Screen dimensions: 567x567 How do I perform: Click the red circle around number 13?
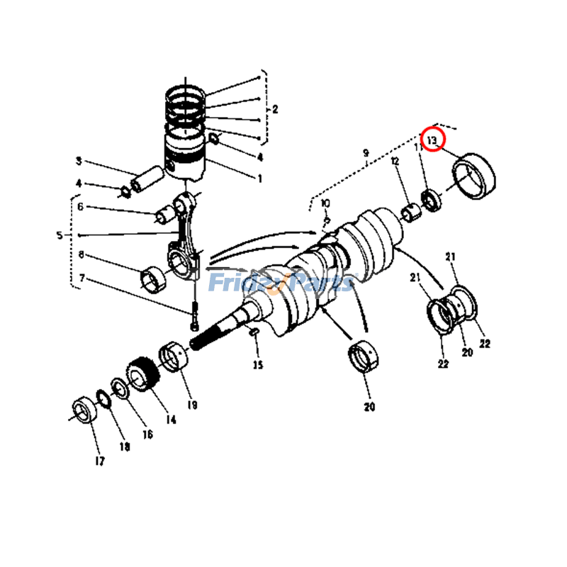432,139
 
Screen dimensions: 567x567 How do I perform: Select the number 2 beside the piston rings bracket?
274,109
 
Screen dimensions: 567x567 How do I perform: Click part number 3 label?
79,161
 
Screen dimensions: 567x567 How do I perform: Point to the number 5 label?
60,235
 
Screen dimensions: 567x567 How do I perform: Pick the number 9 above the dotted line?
366,153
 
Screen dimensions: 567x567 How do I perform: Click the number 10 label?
325,204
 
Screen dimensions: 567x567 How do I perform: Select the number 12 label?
395,162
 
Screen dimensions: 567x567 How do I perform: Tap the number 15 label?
258,365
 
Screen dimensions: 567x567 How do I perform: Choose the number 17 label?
99,461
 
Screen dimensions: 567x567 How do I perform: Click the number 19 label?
192,405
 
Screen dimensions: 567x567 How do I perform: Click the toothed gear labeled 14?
140,374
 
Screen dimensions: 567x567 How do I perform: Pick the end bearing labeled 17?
84,410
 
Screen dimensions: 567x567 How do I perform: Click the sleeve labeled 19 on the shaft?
174,355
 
